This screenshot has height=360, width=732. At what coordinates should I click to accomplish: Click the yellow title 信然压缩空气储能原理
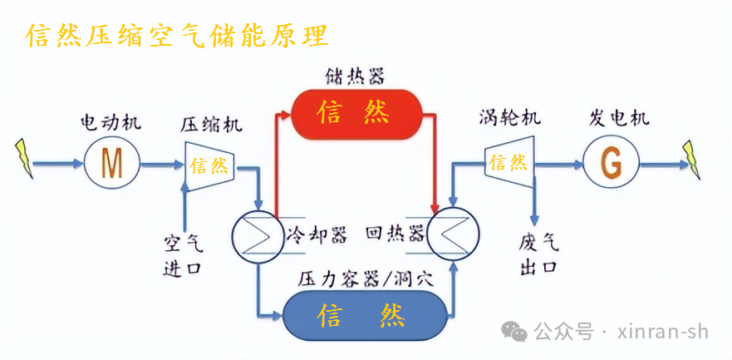pos(177,34)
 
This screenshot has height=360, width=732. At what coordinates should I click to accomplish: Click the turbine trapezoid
pos(508,163)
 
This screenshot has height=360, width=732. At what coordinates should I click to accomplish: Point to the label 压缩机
pos(211,125)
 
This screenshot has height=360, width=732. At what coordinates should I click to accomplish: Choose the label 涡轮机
pos(509,117)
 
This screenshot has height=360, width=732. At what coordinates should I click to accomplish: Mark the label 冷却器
pos(316,234)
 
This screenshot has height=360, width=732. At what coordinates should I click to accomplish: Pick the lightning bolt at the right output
pos(691,157)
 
